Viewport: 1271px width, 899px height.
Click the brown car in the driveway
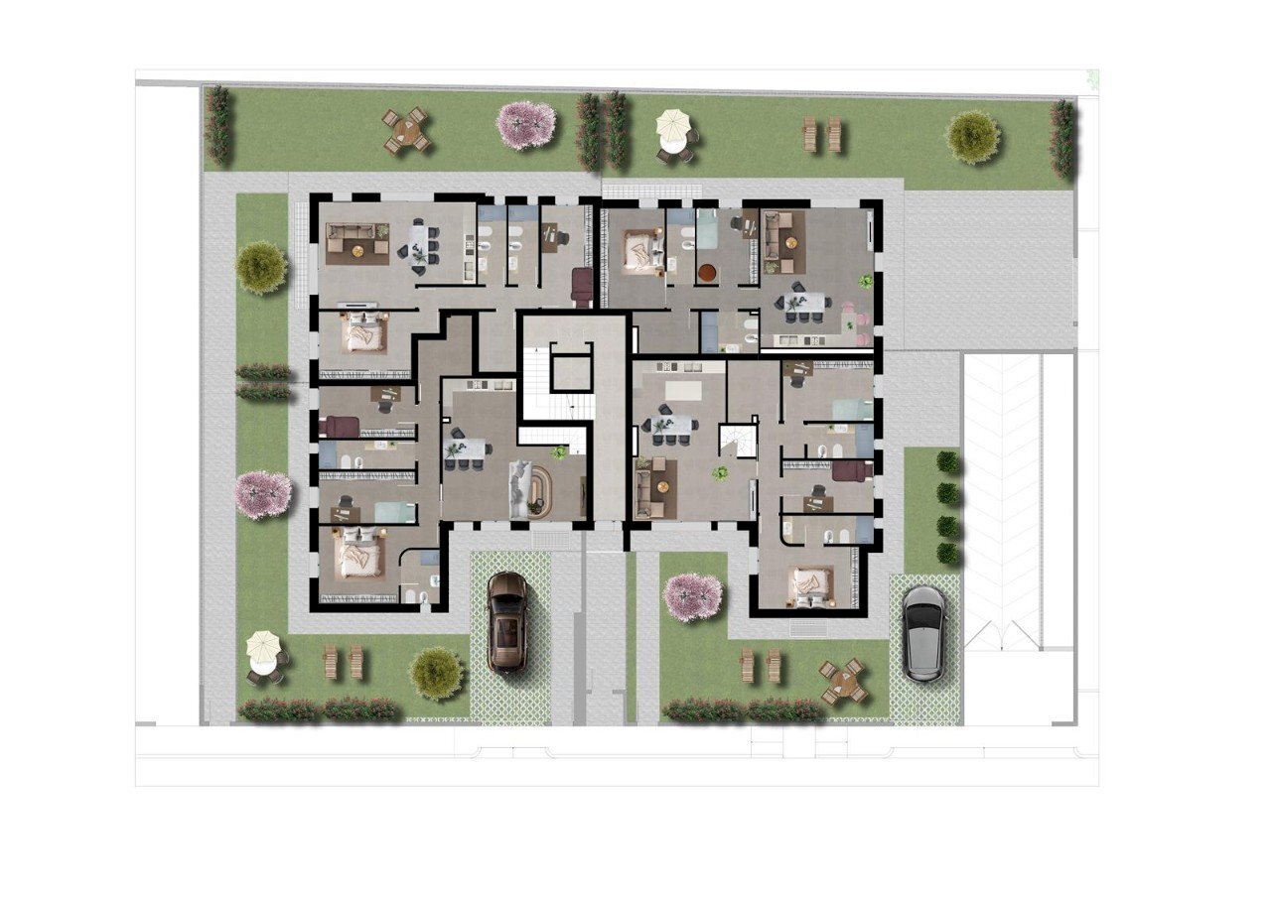[507, 622]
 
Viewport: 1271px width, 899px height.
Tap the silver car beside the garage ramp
[924, 633]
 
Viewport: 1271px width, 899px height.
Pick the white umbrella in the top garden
[673, 126]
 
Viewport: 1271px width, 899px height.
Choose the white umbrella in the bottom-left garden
[263, 647]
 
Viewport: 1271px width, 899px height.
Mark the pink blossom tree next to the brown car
[692, 596]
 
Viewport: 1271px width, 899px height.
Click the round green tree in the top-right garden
[972, 137]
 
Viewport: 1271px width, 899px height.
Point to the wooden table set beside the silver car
[843, 681]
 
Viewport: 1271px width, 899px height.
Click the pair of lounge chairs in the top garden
[822, 134]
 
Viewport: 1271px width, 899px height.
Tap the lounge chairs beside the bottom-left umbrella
[344, 662]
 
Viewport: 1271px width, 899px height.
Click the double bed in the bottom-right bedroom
[811, 584]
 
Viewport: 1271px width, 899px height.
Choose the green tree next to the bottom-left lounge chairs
[437, 673]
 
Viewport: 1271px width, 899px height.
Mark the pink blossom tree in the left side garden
[263, 494]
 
